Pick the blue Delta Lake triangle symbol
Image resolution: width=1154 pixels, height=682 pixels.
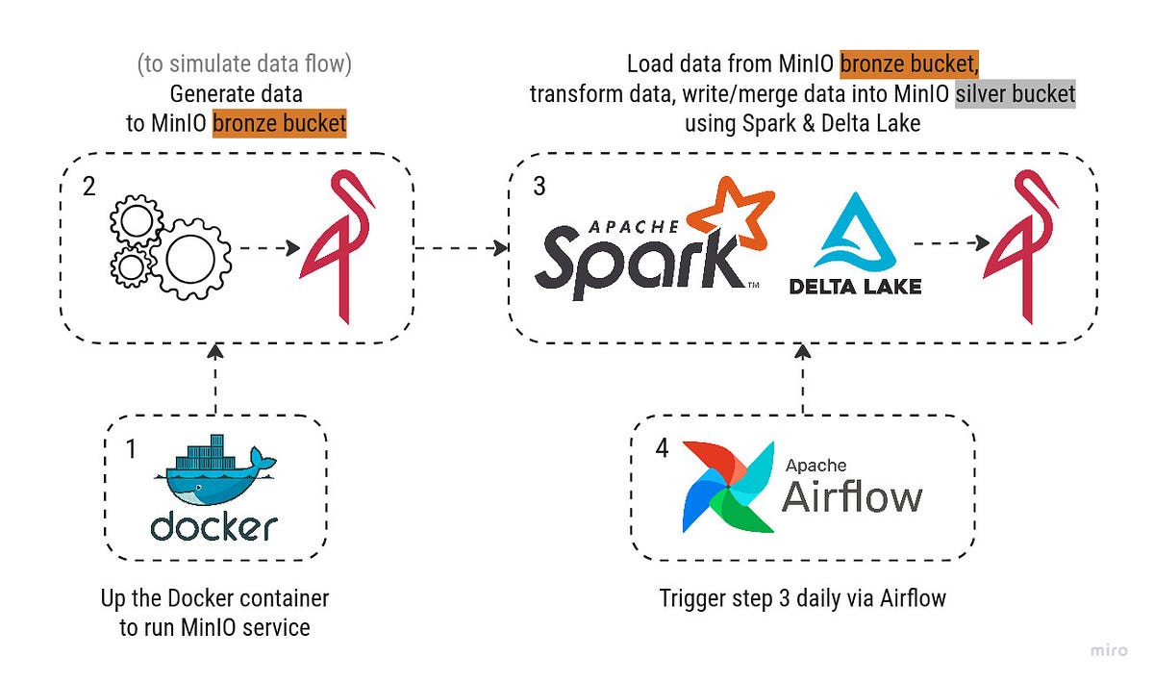click(x=855, y=231)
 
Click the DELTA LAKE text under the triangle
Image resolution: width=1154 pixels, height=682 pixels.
click(x=855, y=286)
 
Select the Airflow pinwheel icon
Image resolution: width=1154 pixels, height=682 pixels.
click(x=728, y=487)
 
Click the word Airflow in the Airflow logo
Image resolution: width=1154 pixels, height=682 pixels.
click(x=851, y=497)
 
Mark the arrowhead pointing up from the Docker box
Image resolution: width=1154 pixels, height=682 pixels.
click(x=215, y=354)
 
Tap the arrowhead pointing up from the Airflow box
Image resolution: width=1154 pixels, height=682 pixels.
click(x=802, y=354)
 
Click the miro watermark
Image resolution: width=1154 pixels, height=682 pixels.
click(x=1109, y=651)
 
